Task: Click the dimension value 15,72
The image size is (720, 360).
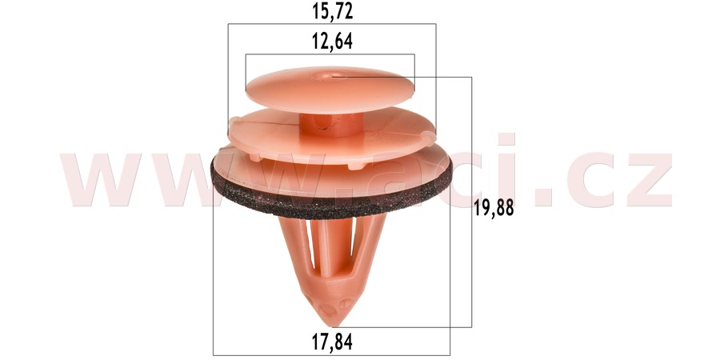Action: tap(331, 11)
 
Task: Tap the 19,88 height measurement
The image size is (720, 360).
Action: tap(493, 209)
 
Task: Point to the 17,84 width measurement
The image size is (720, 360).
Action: tap(331, 342)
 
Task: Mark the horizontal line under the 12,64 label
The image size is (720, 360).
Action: tap(330, 54)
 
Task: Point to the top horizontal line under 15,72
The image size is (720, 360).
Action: tap(331, 24)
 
